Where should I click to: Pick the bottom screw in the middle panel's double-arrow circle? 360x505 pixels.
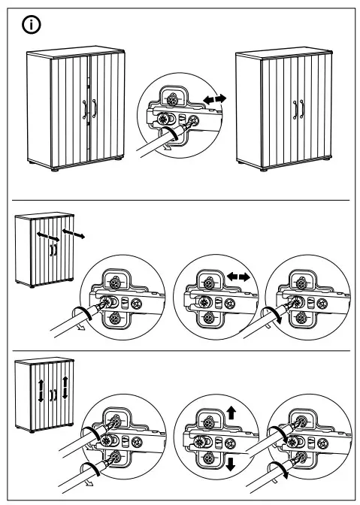click(x=204, y=319)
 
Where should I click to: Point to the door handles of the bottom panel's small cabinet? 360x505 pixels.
click(x=50, y=394)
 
